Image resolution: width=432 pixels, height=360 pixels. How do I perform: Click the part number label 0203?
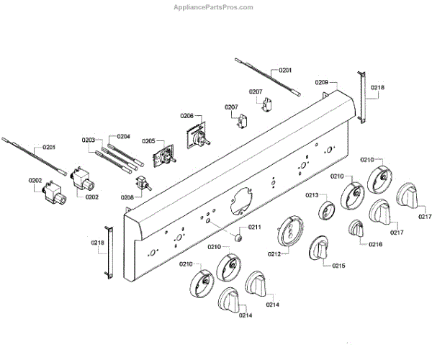[x=89, y=140]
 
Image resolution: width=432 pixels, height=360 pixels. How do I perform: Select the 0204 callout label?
[x=123, y=135]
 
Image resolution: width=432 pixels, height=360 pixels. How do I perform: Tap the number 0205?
[x=148, y=141]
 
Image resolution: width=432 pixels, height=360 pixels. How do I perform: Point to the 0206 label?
[x=186, y=115]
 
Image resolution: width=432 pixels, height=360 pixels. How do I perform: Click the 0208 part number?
[x=127, y=197]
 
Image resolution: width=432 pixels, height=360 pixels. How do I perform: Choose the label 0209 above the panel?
[x=322, y=84]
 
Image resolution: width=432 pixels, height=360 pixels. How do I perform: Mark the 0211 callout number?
[x=255, y=228]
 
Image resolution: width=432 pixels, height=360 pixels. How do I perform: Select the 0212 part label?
[x=274, y=253]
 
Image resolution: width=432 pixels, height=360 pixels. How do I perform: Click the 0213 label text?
[x=312, y=195]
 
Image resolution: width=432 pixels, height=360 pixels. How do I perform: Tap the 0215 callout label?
[x=338, y=266]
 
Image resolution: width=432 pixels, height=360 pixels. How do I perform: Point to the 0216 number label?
[x=375, y=244]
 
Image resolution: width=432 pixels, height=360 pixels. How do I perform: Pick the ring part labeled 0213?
[x=326, y=212]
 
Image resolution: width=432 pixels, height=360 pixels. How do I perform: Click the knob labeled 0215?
[x=320, y=250]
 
